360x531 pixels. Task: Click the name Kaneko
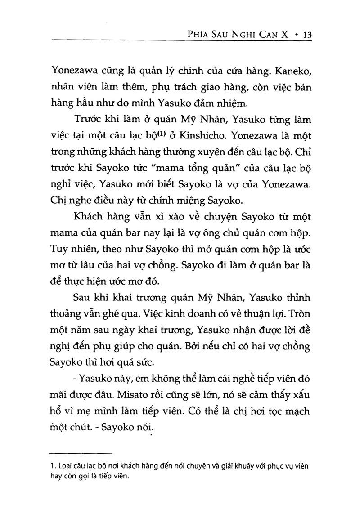(292, 70)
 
